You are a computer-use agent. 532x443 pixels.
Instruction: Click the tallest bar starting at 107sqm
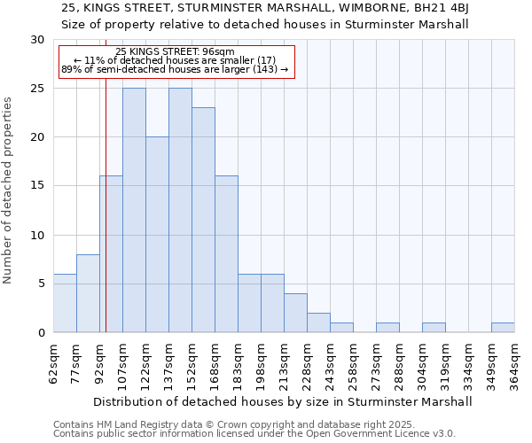coord(134,210)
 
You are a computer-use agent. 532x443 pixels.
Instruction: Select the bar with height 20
coord(157,235)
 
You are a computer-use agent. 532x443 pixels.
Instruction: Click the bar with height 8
coord(88,293)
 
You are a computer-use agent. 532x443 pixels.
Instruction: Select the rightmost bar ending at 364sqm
coord(503,327)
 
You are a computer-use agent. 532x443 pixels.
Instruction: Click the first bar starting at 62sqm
coord(65,303)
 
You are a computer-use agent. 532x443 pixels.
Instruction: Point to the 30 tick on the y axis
coord(36,40)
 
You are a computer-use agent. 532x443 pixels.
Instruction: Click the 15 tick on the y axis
coord(36,186)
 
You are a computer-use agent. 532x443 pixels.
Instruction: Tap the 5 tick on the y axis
coord(41,284)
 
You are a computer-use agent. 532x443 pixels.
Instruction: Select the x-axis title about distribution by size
coord(283,401)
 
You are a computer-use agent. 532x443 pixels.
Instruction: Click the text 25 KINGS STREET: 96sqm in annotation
coord(175,51)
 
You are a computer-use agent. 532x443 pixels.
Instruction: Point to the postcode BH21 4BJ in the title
coord(444,8)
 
